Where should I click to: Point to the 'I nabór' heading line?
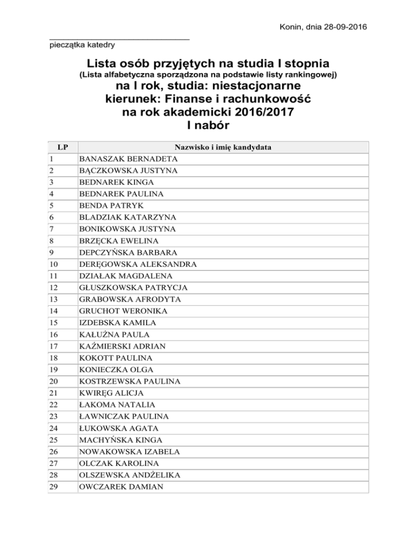tap(209, 125)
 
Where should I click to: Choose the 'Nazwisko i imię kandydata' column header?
tap(223, 147)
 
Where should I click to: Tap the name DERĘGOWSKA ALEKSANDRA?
tap(138, 265)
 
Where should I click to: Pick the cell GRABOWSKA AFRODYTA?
tap(130, 299)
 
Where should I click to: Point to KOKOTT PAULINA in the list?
tap(116, 358)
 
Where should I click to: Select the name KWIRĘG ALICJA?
tap(112, 393)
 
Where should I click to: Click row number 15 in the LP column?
tap(53, 323)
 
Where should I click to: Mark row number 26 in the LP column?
tap(53, 451)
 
